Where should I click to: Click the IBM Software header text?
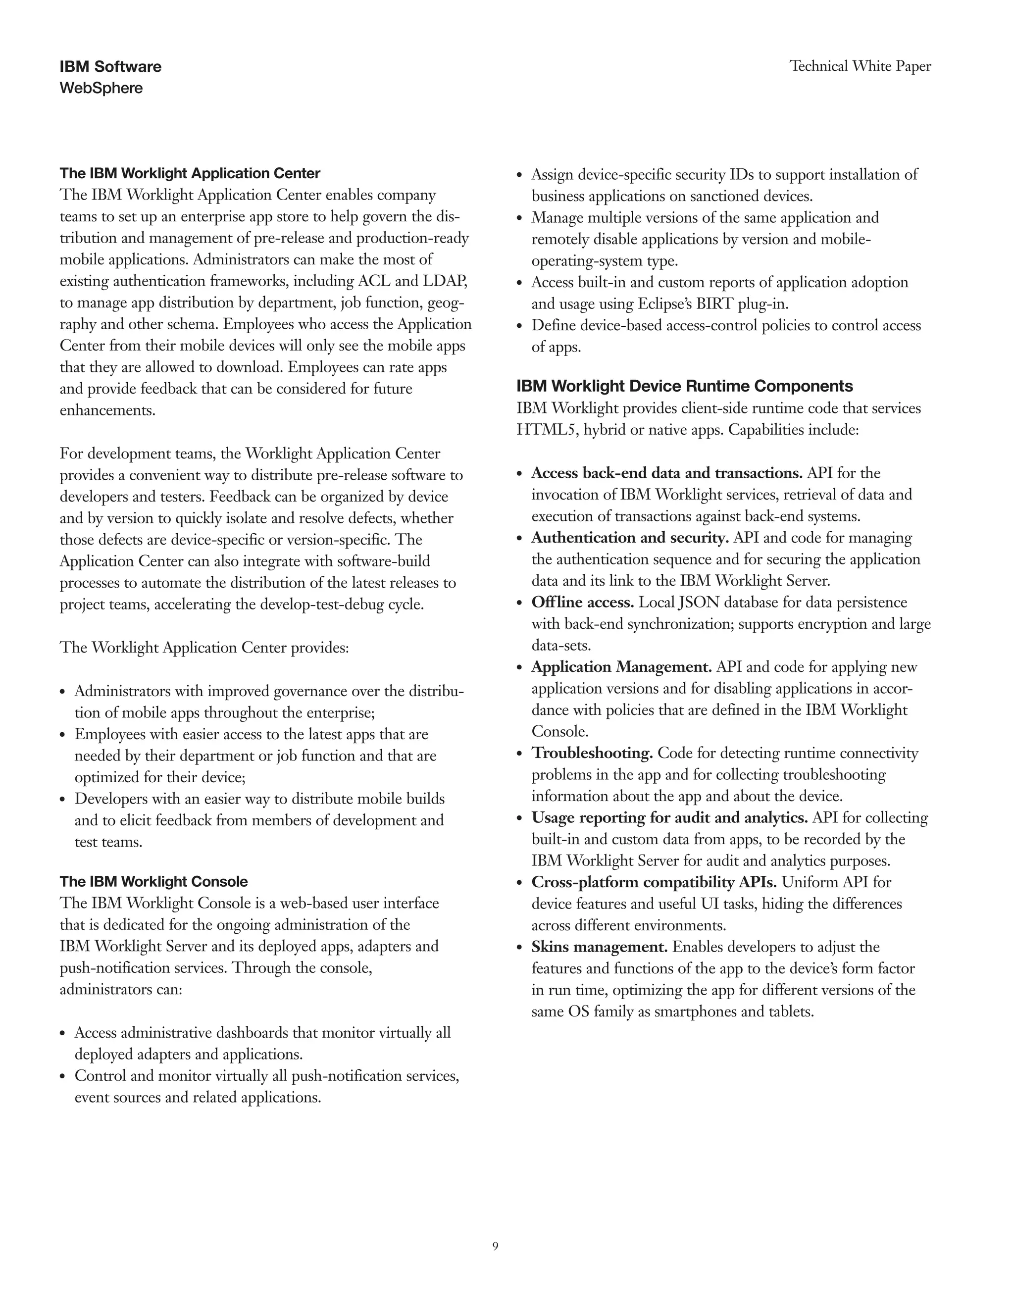[x=110, y=67]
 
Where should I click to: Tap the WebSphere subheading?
[x=101, y=88]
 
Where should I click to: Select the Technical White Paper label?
[x=860, y=66]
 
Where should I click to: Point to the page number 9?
[x=495, y=1247]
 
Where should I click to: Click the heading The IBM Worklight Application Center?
[x=190, y=174]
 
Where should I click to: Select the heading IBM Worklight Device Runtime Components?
[x=684, y=386]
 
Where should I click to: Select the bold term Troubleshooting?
[x=592, y=754]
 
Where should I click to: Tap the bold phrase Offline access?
[x=582, y=603]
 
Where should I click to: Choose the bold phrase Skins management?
[x=599, y=947]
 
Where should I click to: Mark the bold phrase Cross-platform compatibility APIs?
[x=654, y=882]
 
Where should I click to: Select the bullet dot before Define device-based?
[x=520, y=326]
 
